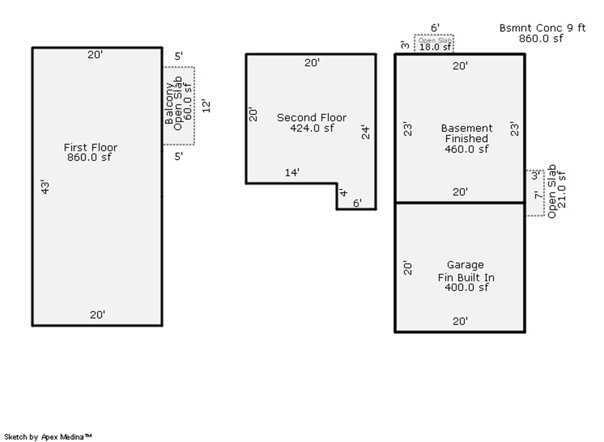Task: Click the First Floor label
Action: (x=91, y=147)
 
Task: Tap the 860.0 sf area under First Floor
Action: (x=89, y=157)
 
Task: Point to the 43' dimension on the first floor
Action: (x=45, y=187)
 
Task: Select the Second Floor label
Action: (x=312, y=118)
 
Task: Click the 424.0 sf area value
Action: (x=312, y=128)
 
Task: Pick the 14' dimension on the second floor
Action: (x=292, y=172)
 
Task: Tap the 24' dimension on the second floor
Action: (x=365, y=132)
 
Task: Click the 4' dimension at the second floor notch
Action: (x=343, y=193)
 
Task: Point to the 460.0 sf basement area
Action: (x=467, y=149)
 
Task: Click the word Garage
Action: (x=465, y=265)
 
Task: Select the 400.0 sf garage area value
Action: (x=467, y=287)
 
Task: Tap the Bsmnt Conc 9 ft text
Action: (x=542, y=28)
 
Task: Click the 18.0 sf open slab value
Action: (x=435, y=47)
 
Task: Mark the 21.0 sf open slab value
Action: (x=561, y=190)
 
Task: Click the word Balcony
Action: (x=169, y=103)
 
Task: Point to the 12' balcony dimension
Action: (x=206, y=106)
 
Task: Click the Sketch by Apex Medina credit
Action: (x=48, y=437)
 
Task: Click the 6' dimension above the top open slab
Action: (x=435, y=28)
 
